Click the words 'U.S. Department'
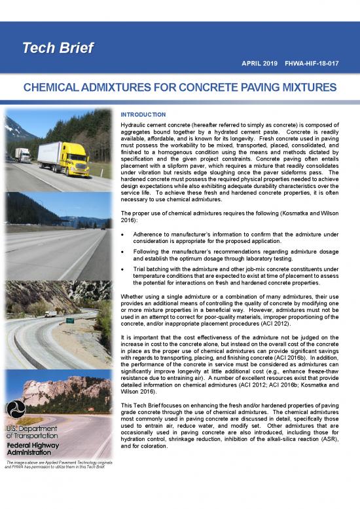pyautogui.click(x=32, y=429)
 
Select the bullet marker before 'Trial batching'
pyautogui.click(x=124, y=269)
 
